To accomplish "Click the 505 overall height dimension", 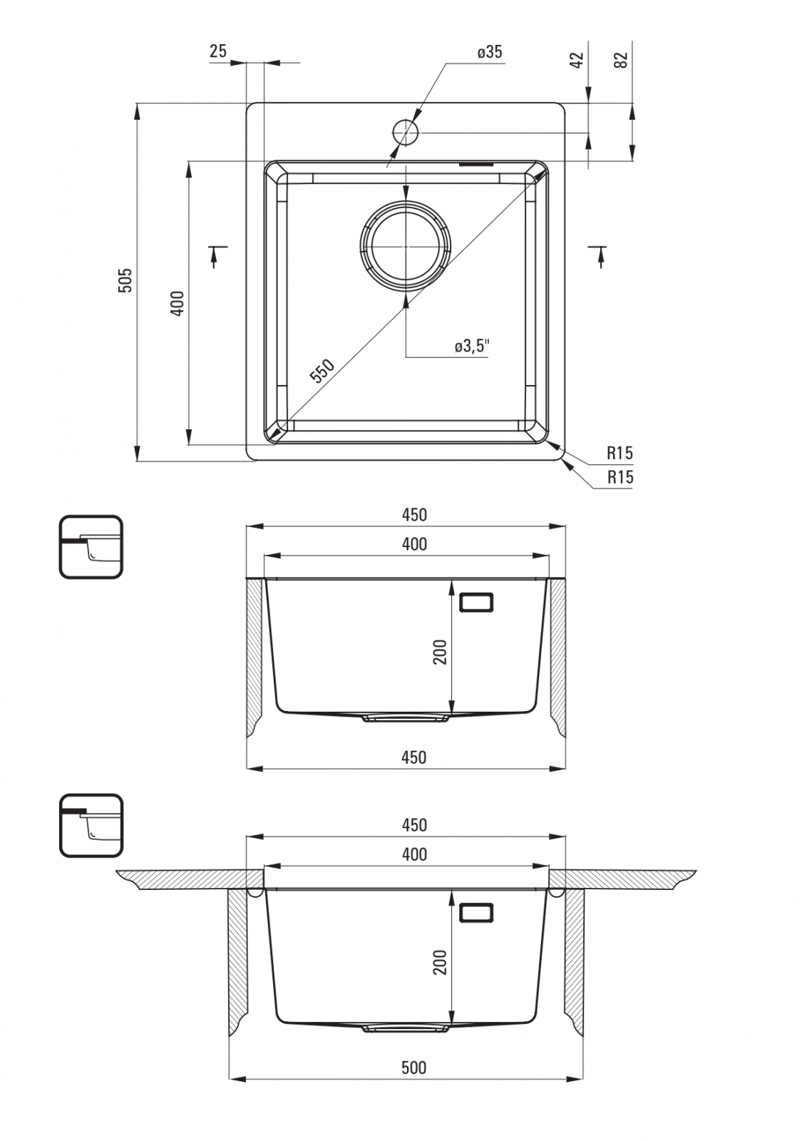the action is [x=125, y=280].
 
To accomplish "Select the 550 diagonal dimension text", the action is [x=323, y=371].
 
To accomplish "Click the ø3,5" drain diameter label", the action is [x=472, y=347].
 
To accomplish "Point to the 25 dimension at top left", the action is [x=217, y=51].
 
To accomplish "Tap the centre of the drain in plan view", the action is [x=406, y=247].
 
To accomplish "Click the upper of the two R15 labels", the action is [x=620, y=452].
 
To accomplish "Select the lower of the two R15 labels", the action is [x=620, y=477].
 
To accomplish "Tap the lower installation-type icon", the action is [x=91, y=825].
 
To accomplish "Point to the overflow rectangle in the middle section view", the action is [x=476, y=602].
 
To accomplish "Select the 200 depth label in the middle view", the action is [x=439, y=652].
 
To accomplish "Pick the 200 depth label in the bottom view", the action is [x=439, y=962].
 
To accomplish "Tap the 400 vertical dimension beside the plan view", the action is [x=177, y=303].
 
